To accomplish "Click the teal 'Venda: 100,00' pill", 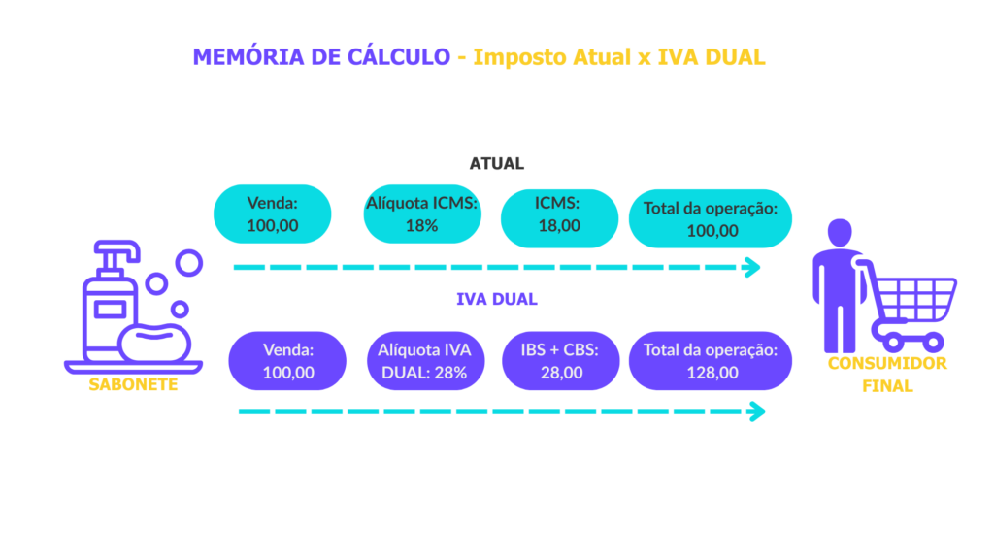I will coord(273,214).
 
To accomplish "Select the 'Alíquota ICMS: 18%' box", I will coord(421,214).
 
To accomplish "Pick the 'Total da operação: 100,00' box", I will coord(711,219).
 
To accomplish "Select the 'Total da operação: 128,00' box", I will coord(711,361).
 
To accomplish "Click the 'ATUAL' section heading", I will coord(496,164).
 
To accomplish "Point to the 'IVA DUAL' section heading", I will coord(496,299).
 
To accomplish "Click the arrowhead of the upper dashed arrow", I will coord(751,268).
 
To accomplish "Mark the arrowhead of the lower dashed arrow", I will coord(756,411).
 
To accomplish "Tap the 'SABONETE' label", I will coord(133,384).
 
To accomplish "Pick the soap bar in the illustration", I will coord(154,341).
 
